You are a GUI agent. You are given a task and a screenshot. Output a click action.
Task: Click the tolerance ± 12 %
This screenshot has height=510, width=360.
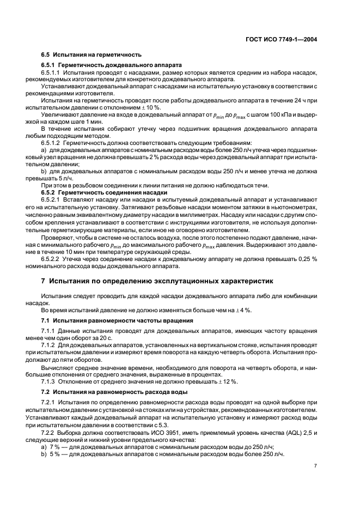point(226,381)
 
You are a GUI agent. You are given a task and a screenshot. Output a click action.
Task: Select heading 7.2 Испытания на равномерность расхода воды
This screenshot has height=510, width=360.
point(119,392)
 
